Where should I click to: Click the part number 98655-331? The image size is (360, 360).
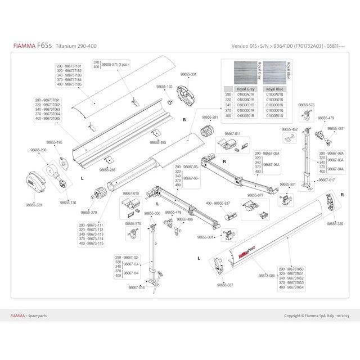point(188,74)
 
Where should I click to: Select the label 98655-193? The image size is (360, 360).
point(164,87)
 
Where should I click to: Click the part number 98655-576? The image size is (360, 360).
point(307,105)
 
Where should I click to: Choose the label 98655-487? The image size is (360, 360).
point(335,129)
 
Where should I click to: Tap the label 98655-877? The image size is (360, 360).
point(255,195)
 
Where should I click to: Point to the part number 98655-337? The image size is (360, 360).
point(226,286)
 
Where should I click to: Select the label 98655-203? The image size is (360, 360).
point(33,151)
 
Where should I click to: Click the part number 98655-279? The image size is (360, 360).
point(89,213)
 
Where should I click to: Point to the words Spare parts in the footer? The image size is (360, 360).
point(39,316)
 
